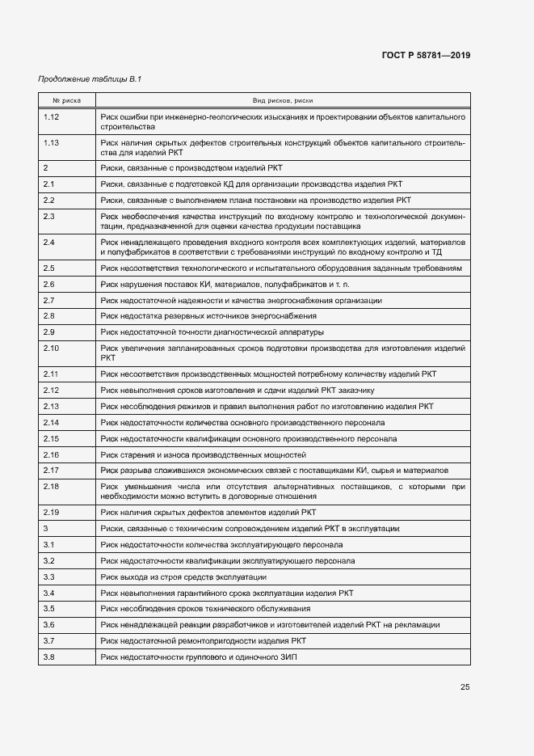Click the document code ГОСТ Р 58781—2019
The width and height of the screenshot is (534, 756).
[425, 55]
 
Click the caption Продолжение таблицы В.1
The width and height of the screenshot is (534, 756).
[90, 78]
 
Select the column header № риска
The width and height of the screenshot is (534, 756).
[66, 100]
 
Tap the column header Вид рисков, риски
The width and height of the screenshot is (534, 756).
[283, 100]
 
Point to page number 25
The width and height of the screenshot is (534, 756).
[465, 687]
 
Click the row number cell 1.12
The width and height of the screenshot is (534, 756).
[51, 117]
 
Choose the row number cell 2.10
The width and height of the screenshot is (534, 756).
[51, 348]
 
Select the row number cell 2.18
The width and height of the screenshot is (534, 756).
[51, 486]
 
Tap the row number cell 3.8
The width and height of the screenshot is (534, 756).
[48, 657]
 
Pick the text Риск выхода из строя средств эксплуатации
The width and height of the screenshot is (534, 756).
[183, 577]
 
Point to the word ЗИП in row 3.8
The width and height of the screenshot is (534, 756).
[289, 657]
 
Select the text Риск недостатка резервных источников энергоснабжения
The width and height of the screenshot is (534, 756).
[208, 315]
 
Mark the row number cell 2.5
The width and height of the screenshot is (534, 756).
[48, 268]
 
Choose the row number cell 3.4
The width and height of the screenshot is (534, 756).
[48, 593]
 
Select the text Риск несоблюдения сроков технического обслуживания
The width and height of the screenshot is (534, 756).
[205, 608]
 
